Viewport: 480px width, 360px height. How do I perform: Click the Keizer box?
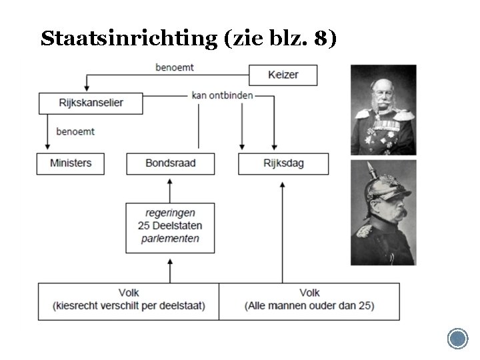coord(283,75)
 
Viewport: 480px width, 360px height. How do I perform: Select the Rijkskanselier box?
coord(91,103)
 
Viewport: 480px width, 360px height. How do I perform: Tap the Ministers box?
coord(70,163)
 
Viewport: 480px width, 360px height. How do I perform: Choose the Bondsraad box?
coord(170,163)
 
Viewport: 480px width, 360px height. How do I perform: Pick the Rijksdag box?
coord(283,163)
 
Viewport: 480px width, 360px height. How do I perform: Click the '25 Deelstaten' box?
coord(170,227)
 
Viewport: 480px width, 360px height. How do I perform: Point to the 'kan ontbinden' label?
coord(222,95)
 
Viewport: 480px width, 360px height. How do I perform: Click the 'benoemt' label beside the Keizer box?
coord(175,67)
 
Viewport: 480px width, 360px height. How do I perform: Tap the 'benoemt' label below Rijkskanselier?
coord(75,131)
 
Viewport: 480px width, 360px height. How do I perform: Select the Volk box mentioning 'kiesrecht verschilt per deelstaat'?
coord(129,300)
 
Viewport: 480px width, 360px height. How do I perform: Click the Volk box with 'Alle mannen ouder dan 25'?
coord(309,300)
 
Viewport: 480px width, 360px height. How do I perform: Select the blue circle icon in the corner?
coord(457,339)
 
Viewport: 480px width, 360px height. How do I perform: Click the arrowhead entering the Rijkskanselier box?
coord(86,89)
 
